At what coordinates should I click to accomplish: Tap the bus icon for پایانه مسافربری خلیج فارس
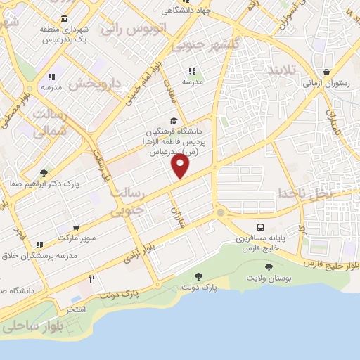point(261,228)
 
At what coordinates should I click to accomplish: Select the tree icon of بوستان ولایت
point(268,267)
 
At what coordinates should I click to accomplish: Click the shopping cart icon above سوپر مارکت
point(75,228)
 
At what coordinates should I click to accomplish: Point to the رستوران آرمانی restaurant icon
point(327,72)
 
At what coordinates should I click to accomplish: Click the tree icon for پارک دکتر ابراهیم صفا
point(44,172)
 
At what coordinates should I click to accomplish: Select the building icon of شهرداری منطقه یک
point(65,18)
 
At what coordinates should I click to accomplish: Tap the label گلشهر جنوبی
point(198,46)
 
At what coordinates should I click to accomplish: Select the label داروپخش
point(98,83)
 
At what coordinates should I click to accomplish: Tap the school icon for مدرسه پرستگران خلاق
point(40,245)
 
